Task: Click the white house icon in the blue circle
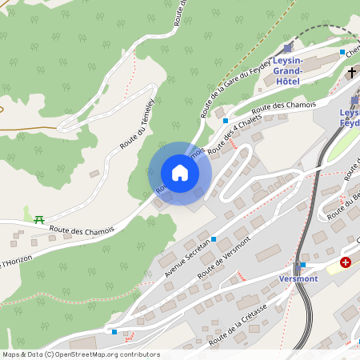[180, 173]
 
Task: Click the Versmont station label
[299, 278]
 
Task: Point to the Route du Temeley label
[138, 130]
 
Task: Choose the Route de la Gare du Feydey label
[235, 89]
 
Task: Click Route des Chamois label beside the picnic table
[82, 230]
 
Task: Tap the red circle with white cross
[346, 262]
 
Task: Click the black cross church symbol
[351, 73]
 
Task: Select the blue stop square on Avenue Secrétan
[214, 239]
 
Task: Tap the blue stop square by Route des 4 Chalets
[226, 121]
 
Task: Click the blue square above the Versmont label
[302, 265]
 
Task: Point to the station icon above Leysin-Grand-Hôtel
[287, 49]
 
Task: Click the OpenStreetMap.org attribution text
[110, 354]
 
